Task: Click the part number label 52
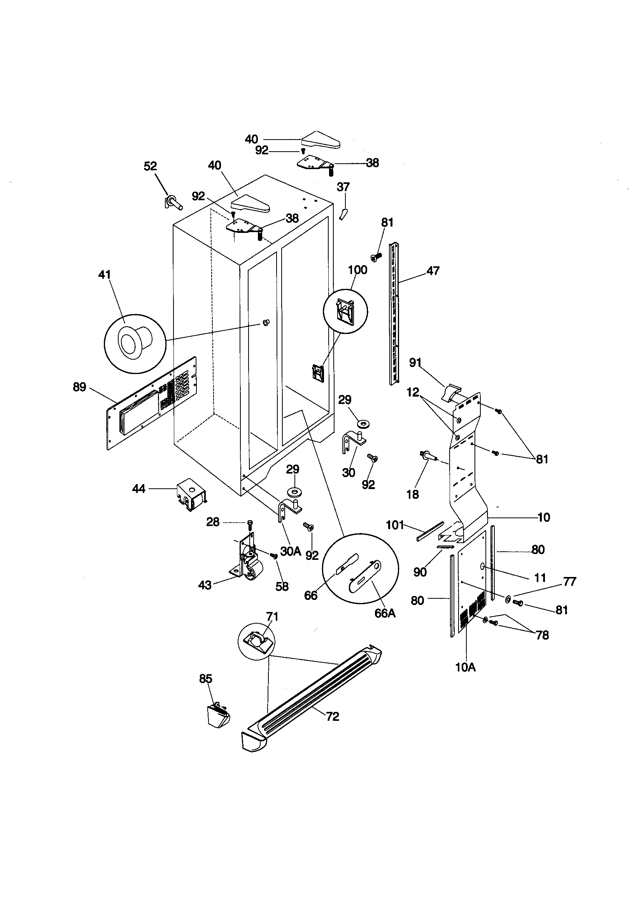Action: (150, 166)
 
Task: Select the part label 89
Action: (80, 387)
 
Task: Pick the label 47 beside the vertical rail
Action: (433, 271)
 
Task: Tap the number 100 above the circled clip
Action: (357, 270)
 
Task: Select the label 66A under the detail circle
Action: (385, 613)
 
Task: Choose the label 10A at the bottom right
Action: (466, 668)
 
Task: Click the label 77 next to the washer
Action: (569, 582)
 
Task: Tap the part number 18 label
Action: (412, 494)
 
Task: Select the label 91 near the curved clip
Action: (415, 362)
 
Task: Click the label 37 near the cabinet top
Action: (343, 187)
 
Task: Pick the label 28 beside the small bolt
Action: (213, 522)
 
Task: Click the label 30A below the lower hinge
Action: (291, 551)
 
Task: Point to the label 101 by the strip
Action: (394, 525)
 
